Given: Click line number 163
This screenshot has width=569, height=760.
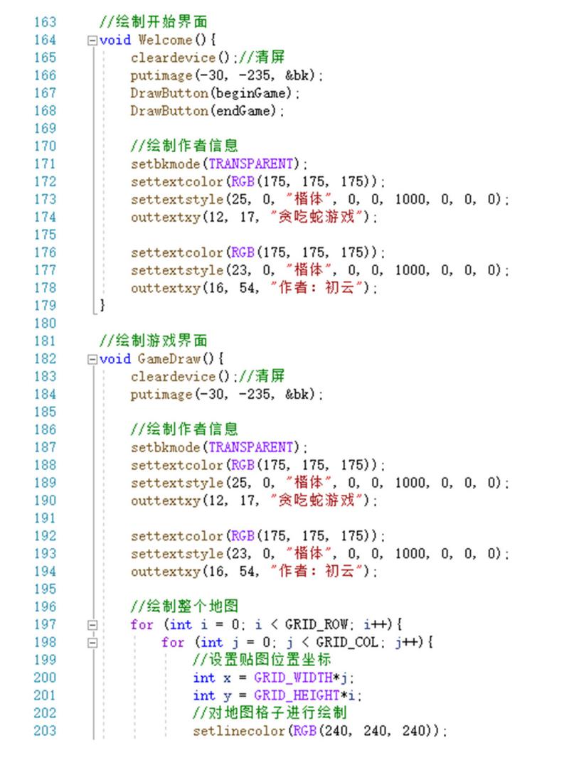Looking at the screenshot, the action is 45,22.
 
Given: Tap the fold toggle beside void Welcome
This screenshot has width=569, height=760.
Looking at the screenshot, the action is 92,41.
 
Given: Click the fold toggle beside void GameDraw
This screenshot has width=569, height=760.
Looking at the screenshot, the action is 92,359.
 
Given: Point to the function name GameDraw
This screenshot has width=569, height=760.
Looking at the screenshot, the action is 169,359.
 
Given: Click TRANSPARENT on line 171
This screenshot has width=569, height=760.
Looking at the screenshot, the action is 251,164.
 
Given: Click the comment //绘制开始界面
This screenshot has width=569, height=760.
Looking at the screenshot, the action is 154,22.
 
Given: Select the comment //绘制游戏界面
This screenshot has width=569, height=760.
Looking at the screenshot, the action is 154,341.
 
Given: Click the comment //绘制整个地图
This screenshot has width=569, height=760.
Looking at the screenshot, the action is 184,606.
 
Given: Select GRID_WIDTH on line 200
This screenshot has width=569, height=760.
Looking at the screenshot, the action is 293,678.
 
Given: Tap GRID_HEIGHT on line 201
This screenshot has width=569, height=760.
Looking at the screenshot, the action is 297,695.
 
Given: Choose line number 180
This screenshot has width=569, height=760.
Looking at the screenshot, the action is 45,323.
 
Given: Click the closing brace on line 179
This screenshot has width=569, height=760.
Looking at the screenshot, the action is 102,305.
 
